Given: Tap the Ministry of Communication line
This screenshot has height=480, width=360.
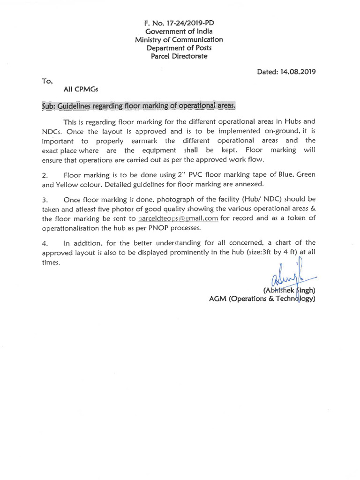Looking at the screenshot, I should (179, 40).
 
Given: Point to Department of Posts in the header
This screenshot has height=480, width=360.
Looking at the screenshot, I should (179, 48).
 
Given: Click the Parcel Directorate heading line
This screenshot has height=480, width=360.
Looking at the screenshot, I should (179, 57).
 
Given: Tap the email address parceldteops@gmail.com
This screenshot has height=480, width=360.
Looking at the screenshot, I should (178, 218).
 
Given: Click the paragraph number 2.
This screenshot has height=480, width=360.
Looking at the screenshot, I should (45, 175).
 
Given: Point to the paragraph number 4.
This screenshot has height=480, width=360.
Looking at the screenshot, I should (45, 243).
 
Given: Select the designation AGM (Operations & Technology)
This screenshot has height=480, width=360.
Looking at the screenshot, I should (262, 299).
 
